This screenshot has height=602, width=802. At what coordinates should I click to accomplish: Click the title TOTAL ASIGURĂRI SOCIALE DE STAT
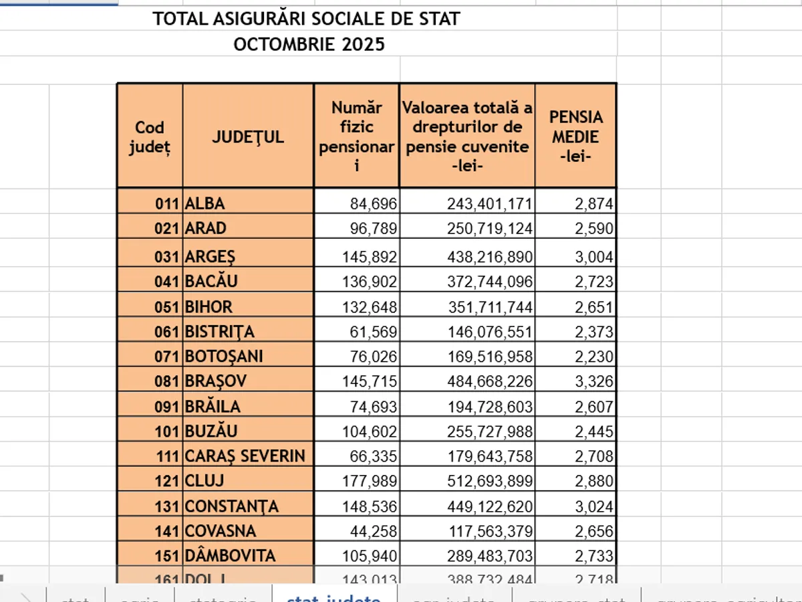point(307,19)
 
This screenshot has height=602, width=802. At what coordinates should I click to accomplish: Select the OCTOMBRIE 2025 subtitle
point(309,45)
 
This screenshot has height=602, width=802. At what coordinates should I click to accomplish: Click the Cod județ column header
point(149,136)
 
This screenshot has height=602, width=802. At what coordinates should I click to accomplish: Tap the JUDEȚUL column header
point(248,136)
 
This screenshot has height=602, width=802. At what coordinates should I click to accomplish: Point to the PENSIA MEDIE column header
point(575,136)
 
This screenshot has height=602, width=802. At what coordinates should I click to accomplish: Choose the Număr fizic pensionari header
point(356,136)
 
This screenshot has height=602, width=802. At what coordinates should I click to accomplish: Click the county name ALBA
point(205,203)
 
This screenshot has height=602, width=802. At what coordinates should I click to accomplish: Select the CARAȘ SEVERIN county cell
point(245,456)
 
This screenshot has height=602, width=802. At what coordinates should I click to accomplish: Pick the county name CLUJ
point(205,481)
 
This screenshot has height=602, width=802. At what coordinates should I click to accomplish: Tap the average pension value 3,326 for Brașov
point(593,381)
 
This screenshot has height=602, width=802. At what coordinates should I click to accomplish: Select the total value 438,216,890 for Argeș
point(490,257)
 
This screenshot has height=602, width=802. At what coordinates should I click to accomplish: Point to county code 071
point(167,357)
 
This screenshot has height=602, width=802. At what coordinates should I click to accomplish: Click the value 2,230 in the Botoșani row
point(593,357)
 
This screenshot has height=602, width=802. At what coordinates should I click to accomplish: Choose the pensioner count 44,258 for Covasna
point(374,531)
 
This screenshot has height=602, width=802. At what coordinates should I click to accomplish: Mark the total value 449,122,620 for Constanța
point(490,506)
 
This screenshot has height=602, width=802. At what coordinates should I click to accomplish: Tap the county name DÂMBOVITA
point(230,556)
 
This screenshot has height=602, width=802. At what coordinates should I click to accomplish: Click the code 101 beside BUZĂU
point(167,431)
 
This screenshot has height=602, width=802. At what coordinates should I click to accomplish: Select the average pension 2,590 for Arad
point(593,228)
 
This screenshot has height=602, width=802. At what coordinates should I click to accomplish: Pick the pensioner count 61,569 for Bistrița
point(374,332)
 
